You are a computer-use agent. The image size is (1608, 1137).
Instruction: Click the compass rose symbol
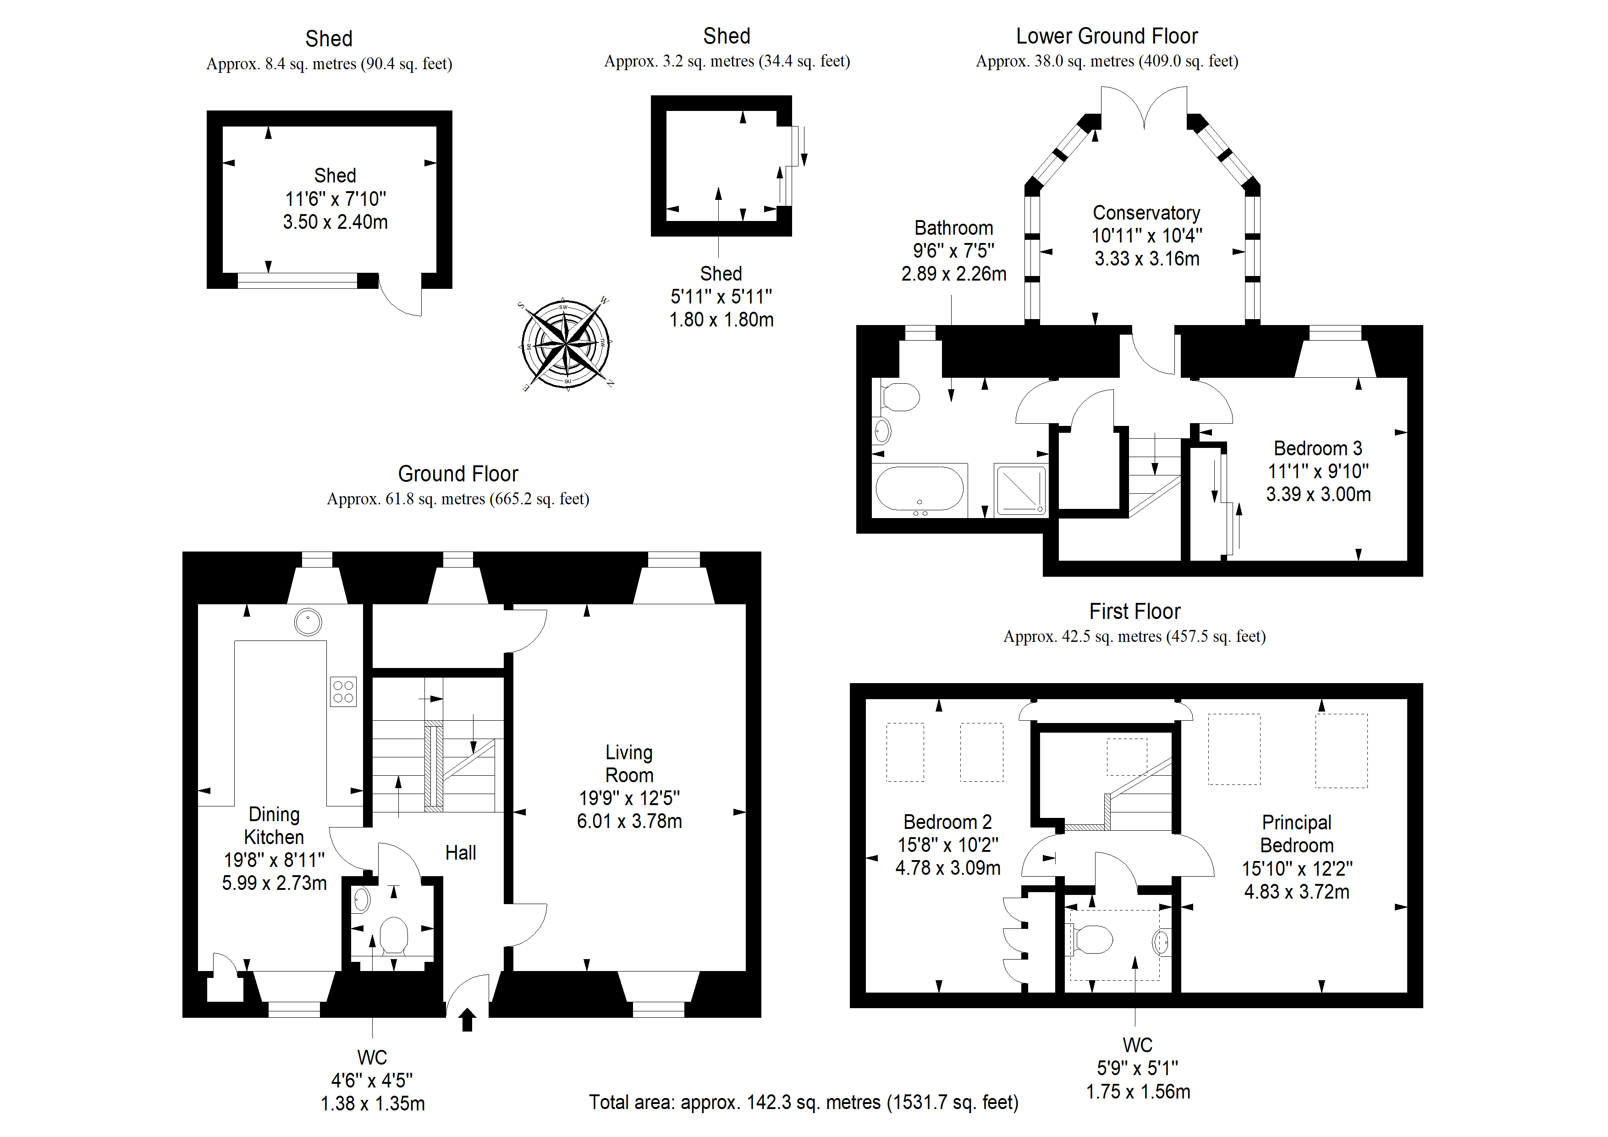[566, 343]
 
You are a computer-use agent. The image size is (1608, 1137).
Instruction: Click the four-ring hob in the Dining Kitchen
[343, 691]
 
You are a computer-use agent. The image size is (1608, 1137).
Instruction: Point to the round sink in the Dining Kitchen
[308, 621]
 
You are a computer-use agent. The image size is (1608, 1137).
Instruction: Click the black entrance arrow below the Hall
[467, 1020]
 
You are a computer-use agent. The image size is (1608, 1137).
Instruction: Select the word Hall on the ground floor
[461, 853]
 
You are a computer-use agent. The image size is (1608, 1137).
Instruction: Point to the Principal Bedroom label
[1296, 833]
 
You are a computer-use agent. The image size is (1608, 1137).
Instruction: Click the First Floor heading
[1134, 612]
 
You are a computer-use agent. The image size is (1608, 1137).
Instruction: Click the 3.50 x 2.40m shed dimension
[335, 221]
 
